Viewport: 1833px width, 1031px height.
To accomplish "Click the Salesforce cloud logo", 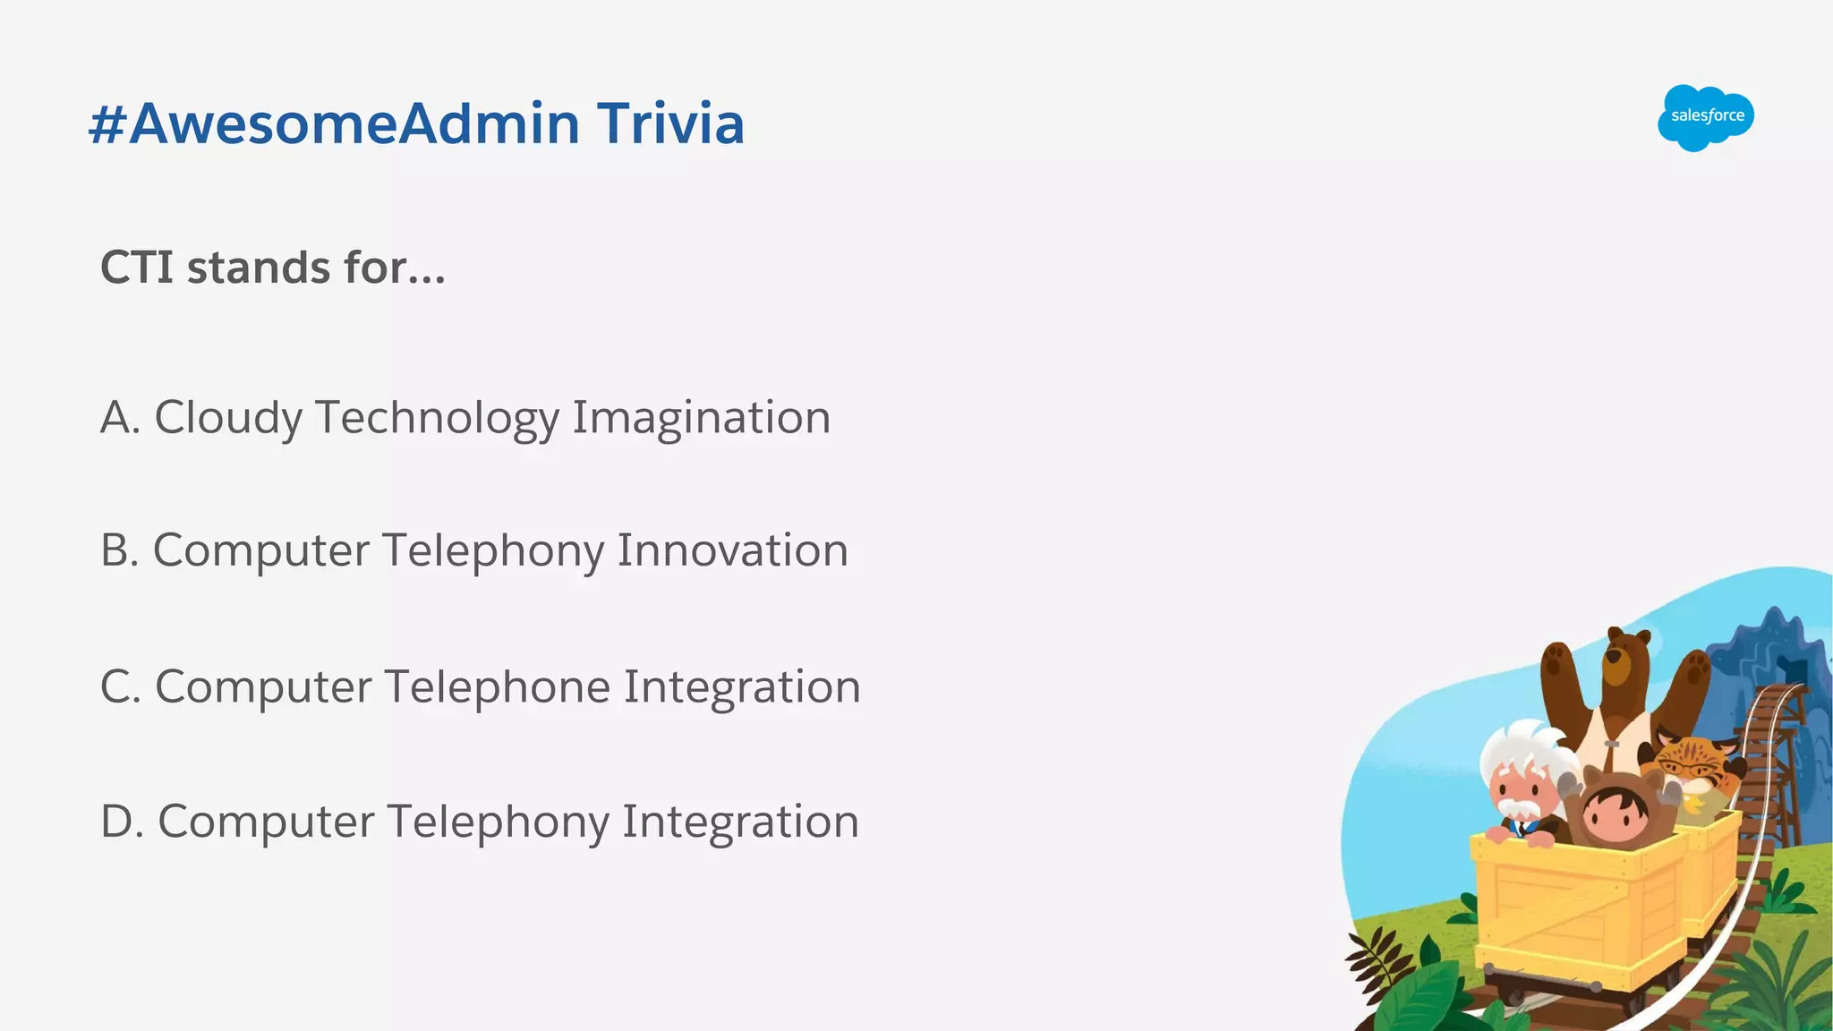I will [x=1705, y=117].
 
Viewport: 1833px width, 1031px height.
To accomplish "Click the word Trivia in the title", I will [x=670, y=124].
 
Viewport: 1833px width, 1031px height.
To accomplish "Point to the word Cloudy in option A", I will [x=229, y=418].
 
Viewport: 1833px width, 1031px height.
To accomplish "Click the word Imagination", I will [x=701, y=418].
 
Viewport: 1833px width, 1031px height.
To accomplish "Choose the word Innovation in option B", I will [x=732, y=550].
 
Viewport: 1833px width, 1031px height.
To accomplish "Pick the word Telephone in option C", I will [x=498, y=687].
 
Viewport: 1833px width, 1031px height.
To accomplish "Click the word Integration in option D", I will [x=740, y=822].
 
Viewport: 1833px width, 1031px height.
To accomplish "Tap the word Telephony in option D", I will [x=498, y=822].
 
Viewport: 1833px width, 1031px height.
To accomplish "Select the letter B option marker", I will [x=119, y=550].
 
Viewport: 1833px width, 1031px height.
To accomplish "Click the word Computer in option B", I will [x=260, y=550].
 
